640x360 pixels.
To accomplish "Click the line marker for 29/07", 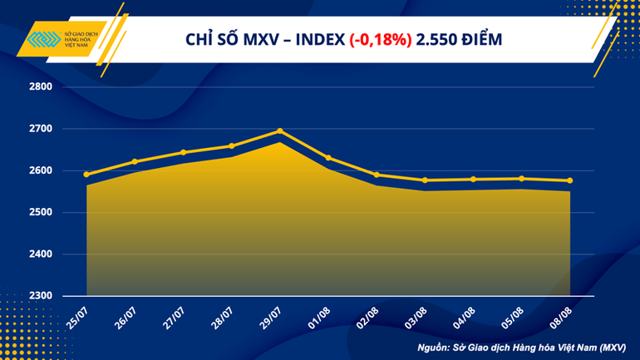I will point(279,131).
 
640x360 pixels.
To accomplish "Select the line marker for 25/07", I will point(87,175).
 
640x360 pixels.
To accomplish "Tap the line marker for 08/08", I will point(569,180).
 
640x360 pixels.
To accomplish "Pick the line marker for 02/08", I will point(377,175).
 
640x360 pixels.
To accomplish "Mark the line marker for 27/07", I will point(183,152).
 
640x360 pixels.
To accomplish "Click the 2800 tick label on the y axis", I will point(41,87).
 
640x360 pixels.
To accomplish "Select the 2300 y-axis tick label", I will point(41,296).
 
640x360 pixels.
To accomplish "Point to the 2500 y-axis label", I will point(41,213).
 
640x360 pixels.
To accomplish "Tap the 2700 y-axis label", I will point(41,129).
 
